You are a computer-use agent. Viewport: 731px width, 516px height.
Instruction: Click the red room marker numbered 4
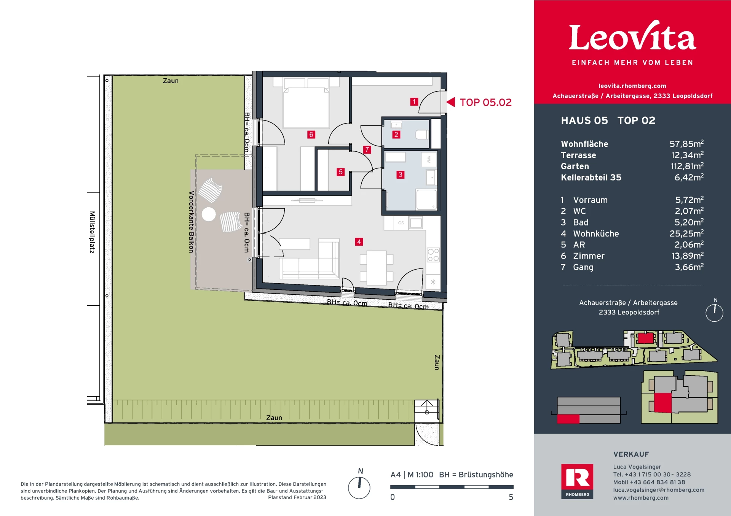[x=359, y=242]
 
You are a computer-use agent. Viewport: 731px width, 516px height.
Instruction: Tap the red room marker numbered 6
[x=311, y=135]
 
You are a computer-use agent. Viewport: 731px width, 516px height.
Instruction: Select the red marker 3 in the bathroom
[x=400, y=175]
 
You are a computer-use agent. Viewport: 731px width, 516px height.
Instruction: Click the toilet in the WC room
[x=421, y=134]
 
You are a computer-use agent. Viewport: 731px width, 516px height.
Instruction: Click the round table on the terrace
[x=209, y=214]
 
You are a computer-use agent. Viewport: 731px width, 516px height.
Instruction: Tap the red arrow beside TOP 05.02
[x=451, y=102]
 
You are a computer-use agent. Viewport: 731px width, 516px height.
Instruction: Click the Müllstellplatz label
[x=92, y=232]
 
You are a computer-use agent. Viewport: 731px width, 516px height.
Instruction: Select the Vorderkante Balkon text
[x=191, y=222]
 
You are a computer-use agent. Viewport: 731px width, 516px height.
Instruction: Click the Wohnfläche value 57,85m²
[x=686, y=144]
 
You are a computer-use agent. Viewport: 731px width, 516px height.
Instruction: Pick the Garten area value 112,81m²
[x=686, y=166]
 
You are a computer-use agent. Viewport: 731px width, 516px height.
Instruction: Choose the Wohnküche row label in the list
[x=596, y=233]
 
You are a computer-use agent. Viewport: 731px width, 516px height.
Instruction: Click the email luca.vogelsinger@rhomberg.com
[x=658, y=490]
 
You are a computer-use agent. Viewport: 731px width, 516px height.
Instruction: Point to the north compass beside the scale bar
[x=359, y=487]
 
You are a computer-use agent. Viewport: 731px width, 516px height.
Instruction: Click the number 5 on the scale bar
[x=511, y=497]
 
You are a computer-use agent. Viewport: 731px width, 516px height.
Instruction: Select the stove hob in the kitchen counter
[x=433, y=255]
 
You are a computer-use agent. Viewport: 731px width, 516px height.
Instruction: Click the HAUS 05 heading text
[x=584, y=121]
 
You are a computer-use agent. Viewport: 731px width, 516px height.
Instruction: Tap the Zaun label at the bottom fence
[x=274, y=418]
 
